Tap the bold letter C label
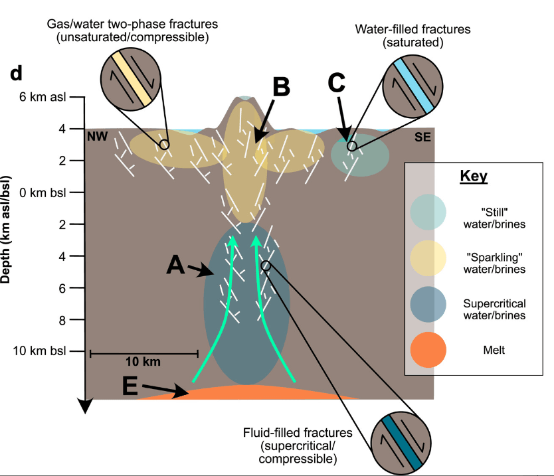pos(337,82)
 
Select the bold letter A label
pos(175,266)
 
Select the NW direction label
pos(97,137)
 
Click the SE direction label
pos(422,137)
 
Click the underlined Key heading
pos(474,177)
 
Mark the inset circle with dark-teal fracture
pos(397,442)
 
